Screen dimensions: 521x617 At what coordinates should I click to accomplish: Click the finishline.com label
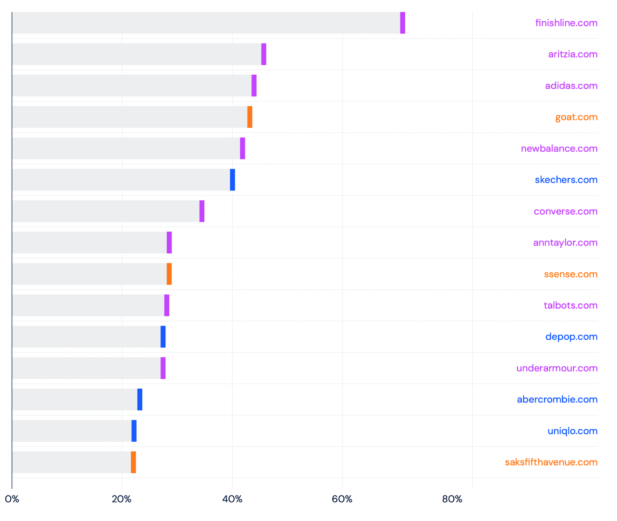(566, 23)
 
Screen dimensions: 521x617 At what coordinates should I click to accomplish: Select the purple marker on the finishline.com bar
(402, 23)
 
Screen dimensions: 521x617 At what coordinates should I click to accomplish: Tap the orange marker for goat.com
(249, 117)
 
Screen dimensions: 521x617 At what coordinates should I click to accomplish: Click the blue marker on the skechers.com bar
(232, 180)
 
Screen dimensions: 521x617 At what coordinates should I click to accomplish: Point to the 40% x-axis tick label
(232, 499)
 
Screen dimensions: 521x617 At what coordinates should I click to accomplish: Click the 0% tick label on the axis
(12, 499)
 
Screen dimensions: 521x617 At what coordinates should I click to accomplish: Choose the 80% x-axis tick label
(452, 499)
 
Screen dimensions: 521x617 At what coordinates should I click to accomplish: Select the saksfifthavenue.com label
(551, 462)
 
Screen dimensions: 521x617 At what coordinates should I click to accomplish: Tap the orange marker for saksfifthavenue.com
(133, 462)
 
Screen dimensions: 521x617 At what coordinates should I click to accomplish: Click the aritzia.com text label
(572, 54)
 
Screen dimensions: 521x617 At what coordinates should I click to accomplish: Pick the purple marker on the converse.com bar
(202, 211)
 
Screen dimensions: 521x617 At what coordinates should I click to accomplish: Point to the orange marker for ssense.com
(169, 274)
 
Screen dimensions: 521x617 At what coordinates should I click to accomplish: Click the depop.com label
(571, 337)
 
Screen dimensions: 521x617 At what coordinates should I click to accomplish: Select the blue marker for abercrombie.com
(140, 400)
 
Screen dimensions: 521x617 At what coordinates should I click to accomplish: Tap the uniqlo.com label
(572, 431)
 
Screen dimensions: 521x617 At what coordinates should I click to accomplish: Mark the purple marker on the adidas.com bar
(254, 86)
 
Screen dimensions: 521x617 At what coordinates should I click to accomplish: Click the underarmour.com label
(556, 368)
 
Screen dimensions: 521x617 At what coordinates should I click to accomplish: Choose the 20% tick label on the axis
(121, 499)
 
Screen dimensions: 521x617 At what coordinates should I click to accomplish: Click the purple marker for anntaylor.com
(169, 243)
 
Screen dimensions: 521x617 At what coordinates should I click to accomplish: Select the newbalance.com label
(559, 148)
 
